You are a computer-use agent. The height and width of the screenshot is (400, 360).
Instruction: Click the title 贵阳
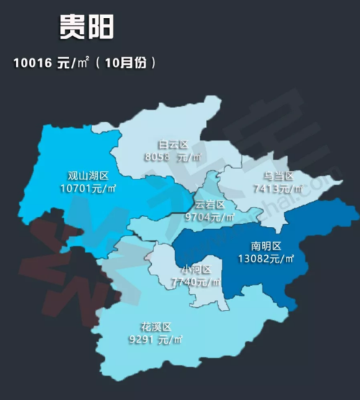coord(85,27)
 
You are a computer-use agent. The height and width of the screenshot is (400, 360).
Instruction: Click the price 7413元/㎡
coord(279,189)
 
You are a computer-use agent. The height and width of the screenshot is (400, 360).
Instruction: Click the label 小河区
coord(196,270)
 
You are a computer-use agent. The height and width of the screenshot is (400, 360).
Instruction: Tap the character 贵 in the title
coord(72,27)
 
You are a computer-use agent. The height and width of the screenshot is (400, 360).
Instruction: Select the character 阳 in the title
coord(99,27)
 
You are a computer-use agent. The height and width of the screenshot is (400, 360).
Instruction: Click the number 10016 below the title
coord(31,63)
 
